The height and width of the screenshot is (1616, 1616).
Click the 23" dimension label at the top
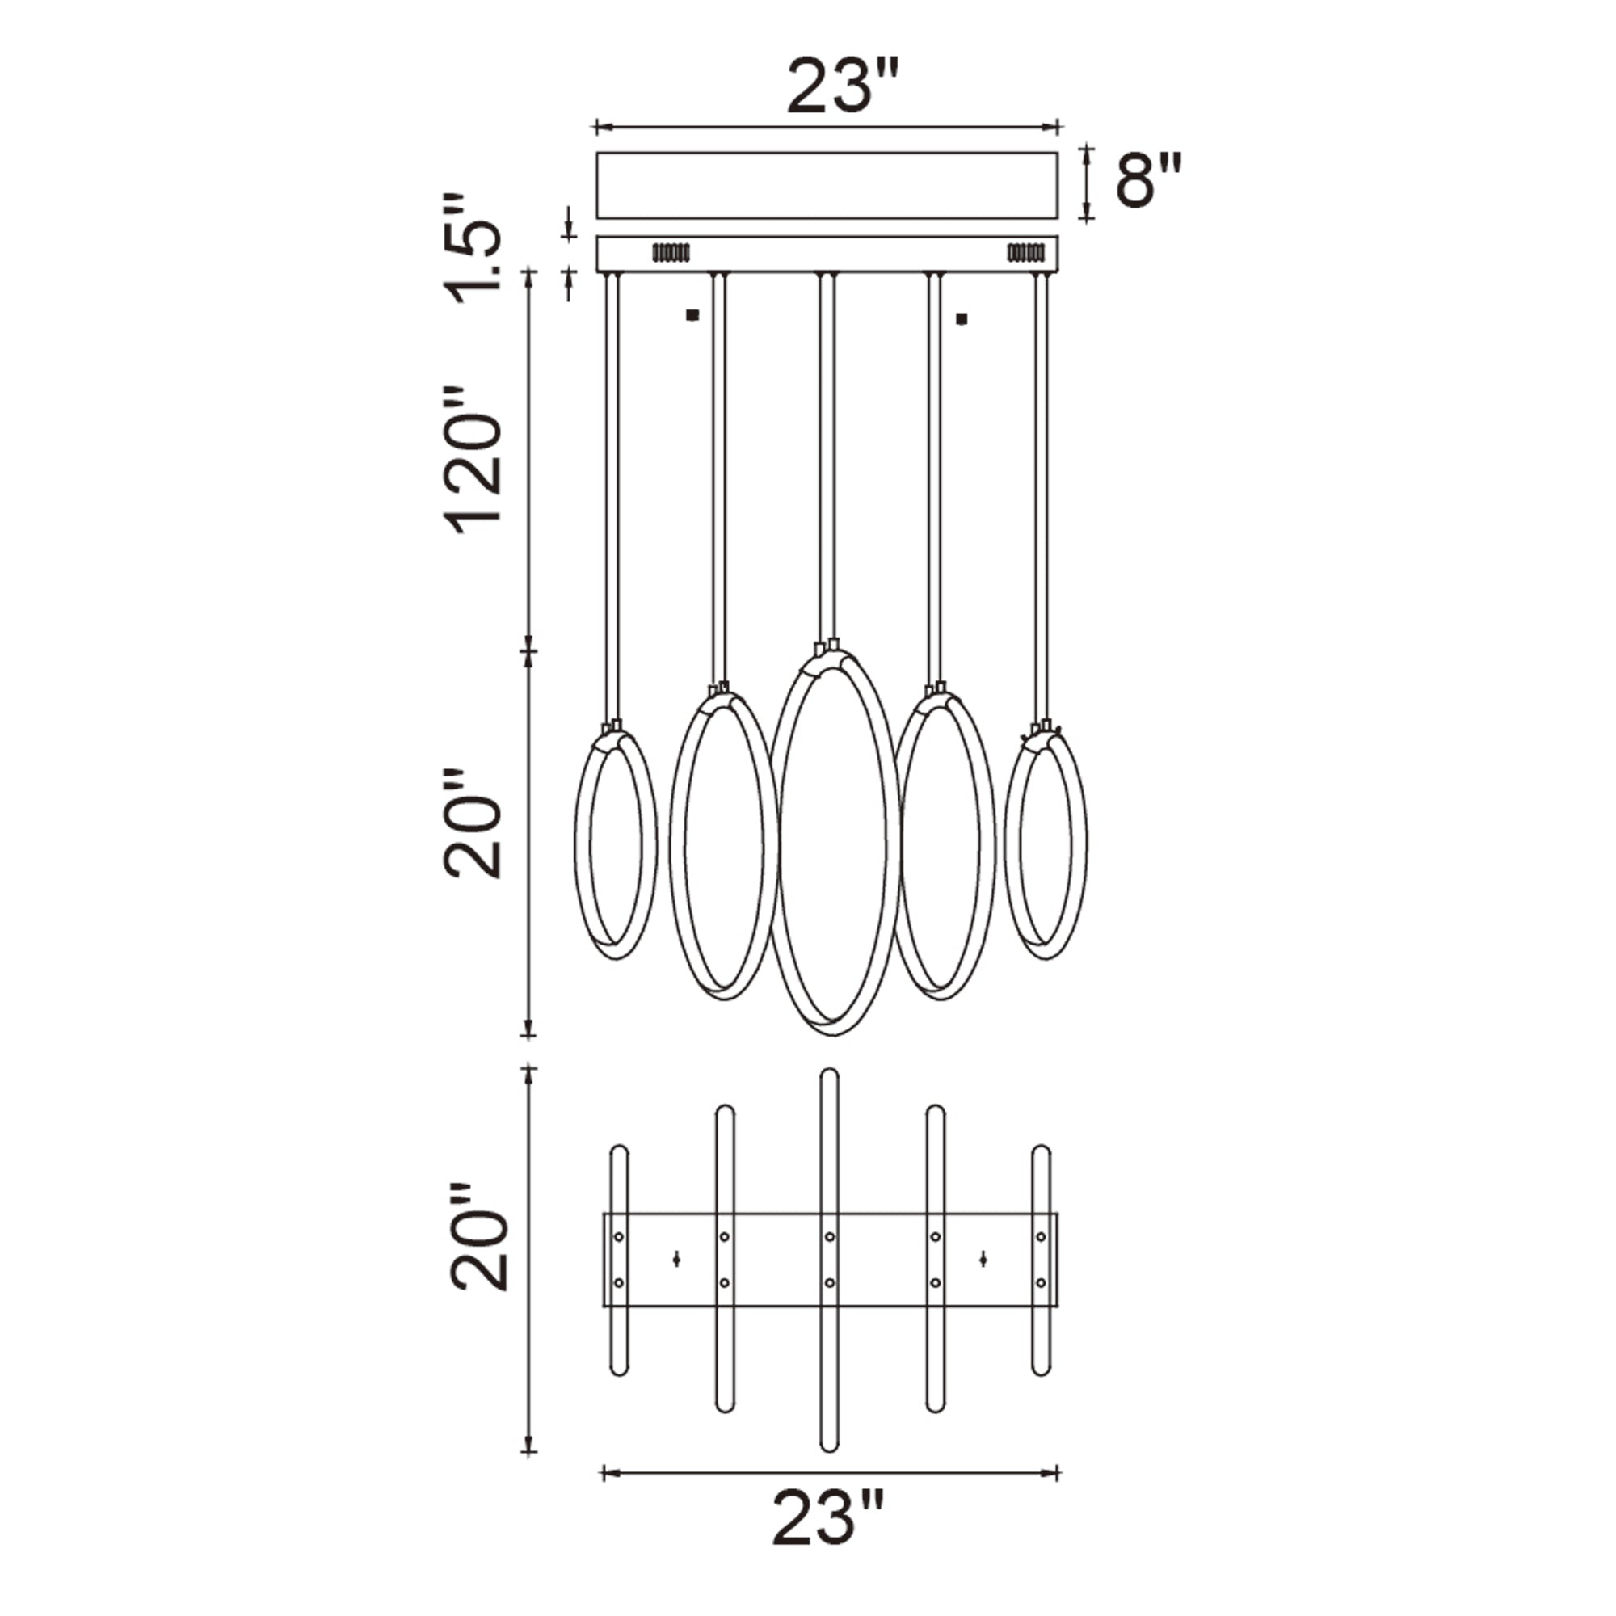[842, 86]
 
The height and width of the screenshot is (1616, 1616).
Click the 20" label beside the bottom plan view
[477, 1237]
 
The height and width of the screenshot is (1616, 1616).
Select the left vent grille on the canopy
[671, 252]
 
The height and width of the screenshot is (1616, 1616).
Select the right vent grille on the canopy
[1025, 252]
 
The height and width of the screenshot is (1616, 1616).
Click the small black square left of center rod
[691, 315]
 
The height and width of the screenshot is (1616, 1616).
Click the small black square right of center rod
[962, 318]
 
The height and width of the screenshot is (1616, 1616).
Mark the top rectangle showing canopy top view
[827, 186]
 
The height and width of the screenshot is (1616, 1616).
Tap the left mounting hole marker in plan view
[675, 1259]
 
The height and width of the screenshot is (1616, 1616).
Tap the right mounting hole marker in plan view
[983, 1258]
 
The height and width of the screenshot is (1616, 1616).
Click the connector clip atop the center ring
[827, 646]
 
